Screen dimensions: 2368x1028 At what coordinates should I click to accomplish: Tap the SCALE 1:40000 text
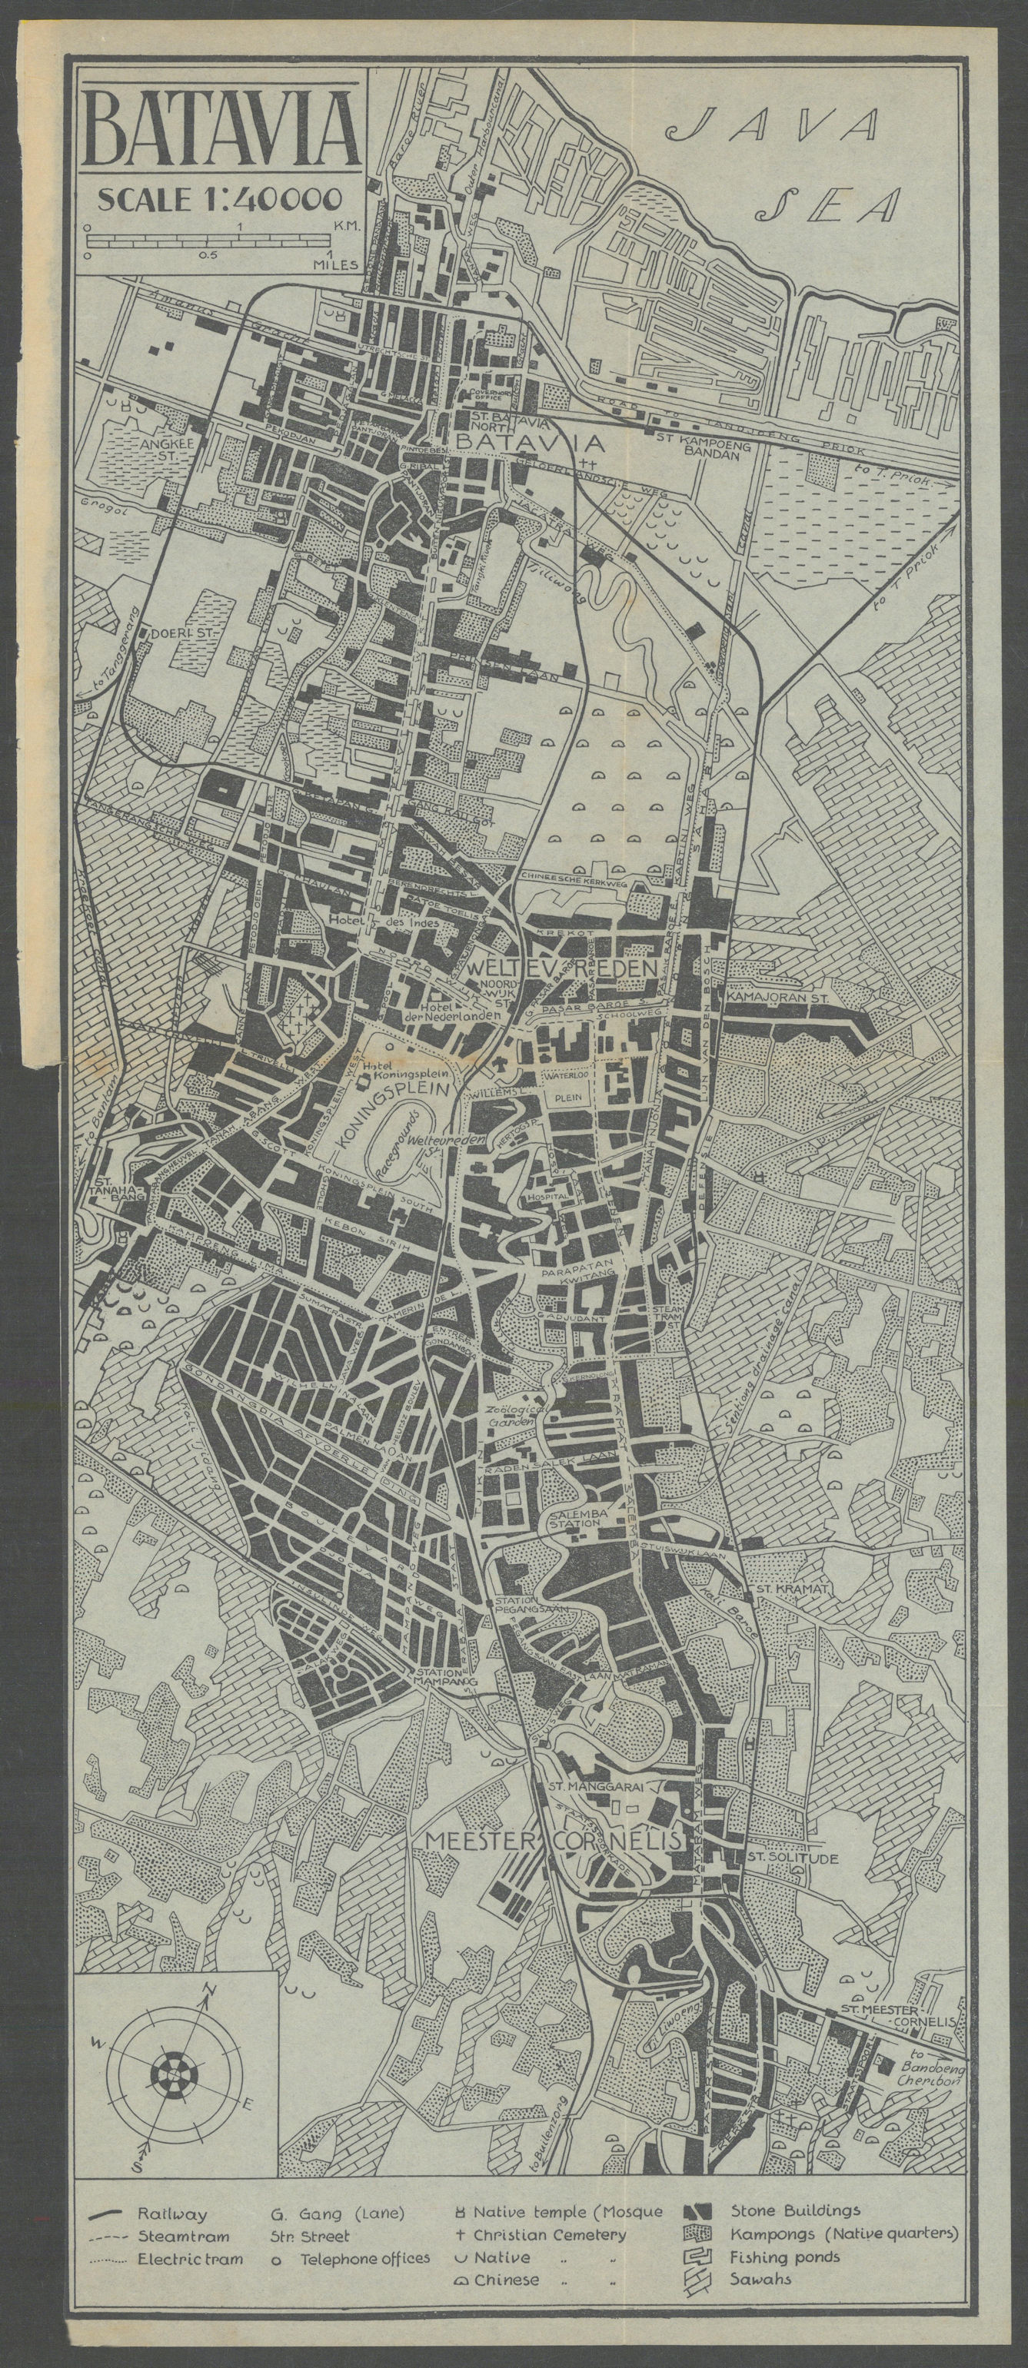(x=221, y=198)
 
